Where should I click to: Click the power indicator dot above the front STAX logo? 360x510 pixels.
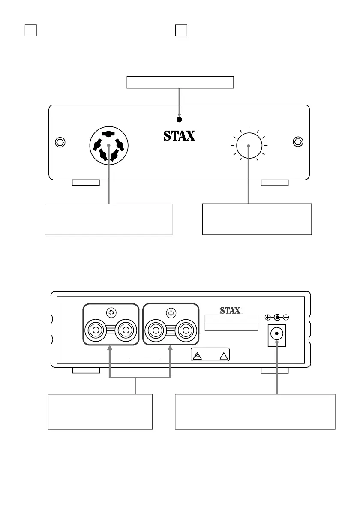[x=180, y=120]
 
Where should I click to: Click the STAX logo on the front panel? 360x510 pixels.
[x=180, y=136]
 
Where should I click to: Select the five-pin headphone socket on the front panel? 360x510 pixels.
[x=109, y=146]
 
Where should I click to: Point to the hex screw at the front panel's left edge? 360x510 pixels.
[x=60, y=141]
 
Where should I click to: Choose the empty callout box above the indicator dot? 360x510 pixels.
[x=180, y=82]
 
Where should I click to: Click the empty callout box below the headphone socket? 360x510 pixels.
[x=108, y=219]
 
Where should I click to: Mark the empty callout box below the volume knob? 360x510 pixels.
[x=257, y=219]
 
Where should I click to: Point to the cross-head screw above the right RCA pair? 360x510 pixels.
[x=171, y=312]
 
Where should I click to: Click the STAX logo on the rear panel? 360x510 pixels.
[x=230, y=310]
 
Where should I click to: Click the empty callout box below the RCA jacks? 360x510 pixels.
[x=100, y=411]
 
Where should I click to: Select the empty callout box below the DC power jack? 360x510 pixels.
[x=255, y=411]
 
